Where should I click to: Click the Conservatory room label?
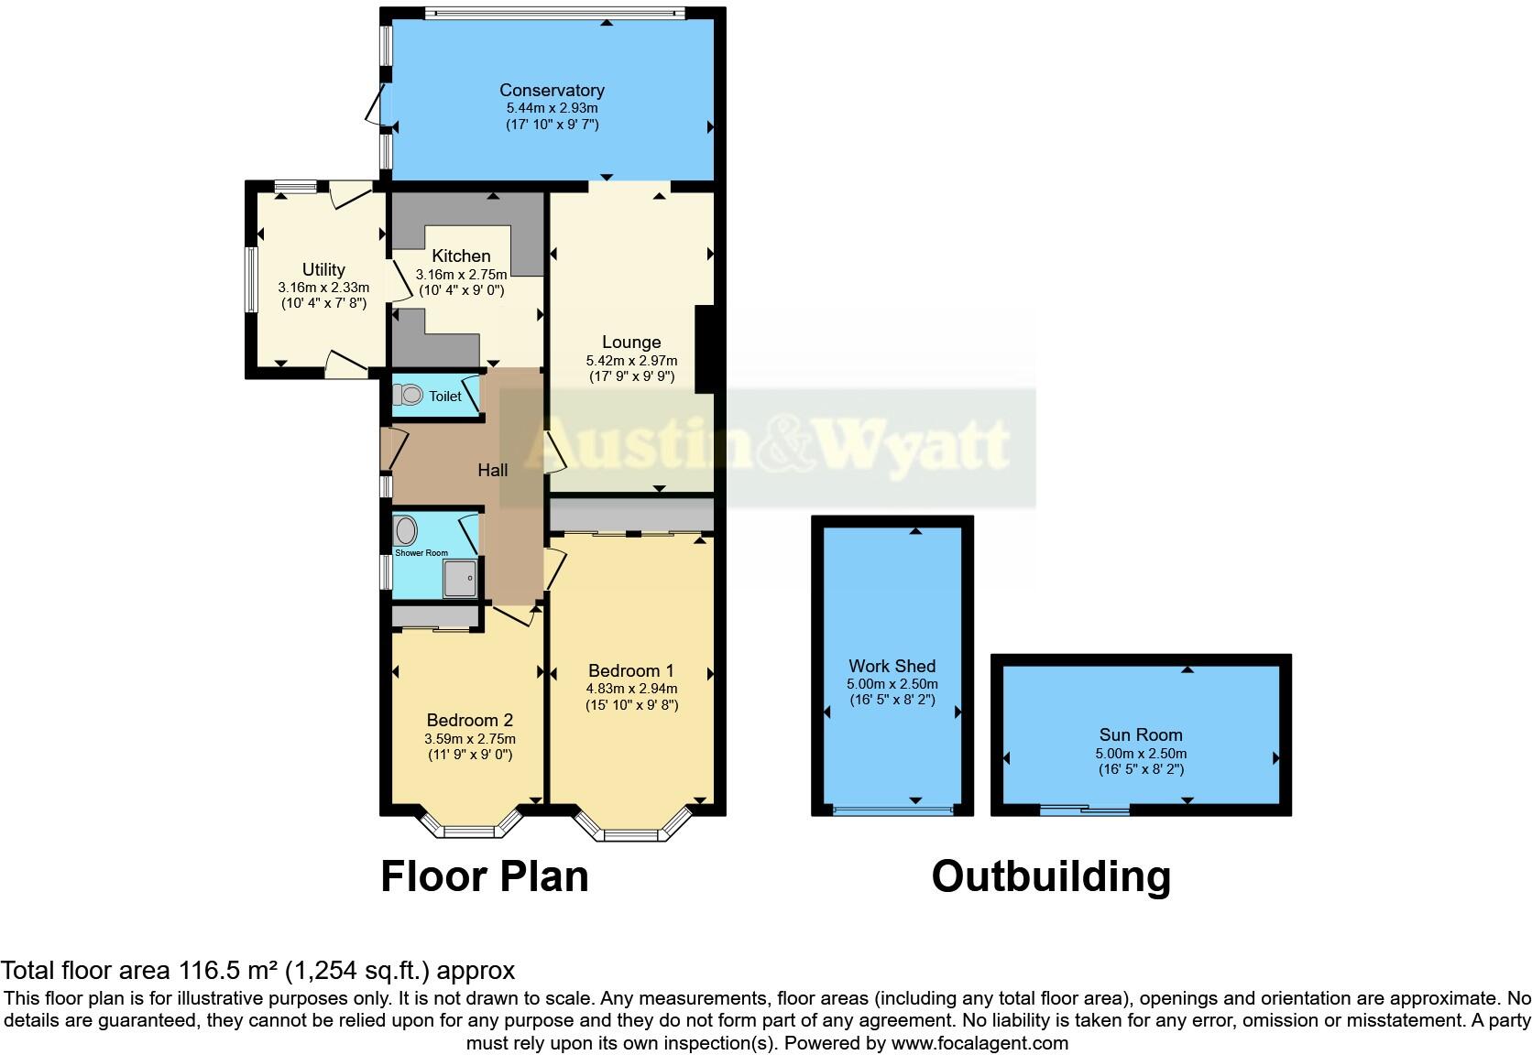552,90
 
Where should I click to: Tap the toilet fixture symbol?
409,395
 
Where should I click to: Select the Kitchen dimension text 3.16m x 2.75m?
461,274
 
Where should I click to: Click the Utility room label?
323,269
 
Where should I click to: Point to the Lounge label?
631,343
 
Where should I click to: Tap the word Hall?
493,470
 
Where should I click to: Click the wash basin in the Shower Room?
406,530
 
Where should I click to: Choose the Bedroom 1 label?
631,670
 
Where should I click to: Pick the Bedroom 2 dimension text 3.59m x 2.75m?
470,739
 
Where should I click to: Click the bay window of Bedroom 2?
469,828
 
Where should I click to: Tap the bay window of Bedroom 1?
631,830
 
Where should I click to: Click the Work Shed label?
892,666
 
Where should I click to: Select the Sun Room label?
1141,734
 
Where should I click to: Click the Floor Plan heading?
485,876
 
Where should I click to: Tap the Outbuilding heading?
1051,876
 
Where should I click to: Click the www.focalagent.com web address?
979,1042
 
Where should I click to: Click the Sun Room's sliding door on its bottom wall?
1086,809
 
